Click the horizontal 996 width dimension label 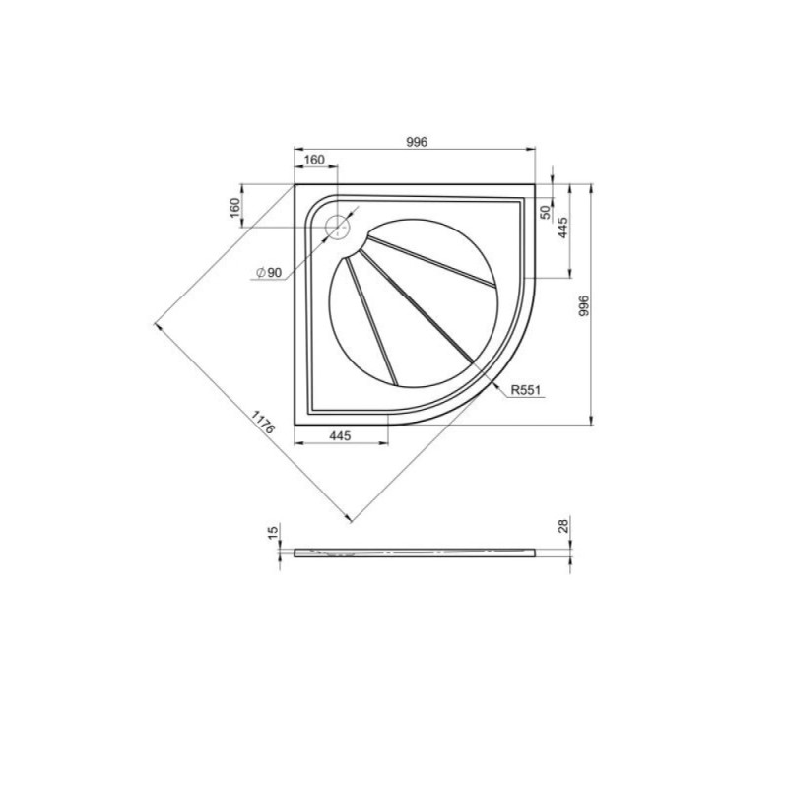417,142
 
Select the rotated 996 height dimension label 583,305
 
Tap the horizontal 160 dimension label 314,160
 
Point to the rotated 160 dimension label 234,208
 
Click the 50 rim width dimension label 546,212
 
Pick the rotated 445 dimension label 562,228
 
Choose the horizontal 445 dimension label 340,435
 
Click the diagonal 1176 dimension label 263,423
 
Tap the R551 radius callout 527,389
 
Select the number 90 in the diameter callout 274,273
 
